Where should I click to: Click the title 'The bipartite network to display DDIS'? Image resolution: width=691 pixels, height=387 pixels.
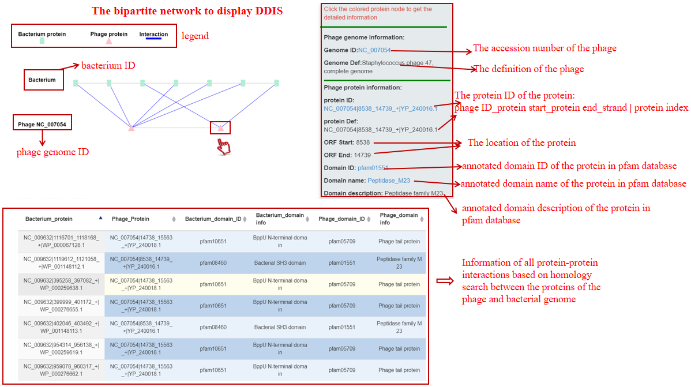(187, 11)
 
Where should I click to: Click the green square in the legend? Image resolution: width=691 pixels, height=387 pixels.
(42, 42)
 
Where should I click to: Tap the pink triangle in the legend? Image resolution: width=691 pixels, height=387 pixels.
(108, 42)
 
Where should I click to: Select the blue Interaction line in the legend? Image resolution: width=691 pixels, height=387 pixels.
(153, 39)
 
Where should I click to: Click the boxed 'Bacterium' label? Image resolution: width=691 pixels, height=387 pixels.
(42, 80)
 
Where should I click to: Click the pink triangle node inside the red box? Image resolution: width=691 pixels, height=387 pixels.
(220, 128)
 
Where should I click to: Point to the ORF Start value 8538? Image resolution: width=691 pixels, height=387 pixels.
(363, 142)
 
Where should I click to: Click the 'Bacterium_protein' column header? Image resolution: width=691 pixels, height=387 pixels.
(49, 219)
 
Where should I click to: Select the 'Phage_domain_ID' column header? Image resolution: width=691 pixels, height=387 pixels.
(341, 219)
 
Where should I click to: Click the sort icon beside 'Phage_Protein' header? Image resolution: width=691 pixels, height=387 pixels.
(174, 219)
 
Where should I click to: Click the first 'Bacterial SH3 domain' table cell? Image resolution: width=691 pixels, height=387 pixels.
(280, 263)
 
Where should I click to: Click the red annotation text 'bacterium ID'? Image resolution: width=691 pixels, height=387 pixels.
(108, 65)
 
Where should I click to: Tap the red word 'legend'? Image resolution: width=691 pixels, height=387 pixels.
(195, 36)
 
